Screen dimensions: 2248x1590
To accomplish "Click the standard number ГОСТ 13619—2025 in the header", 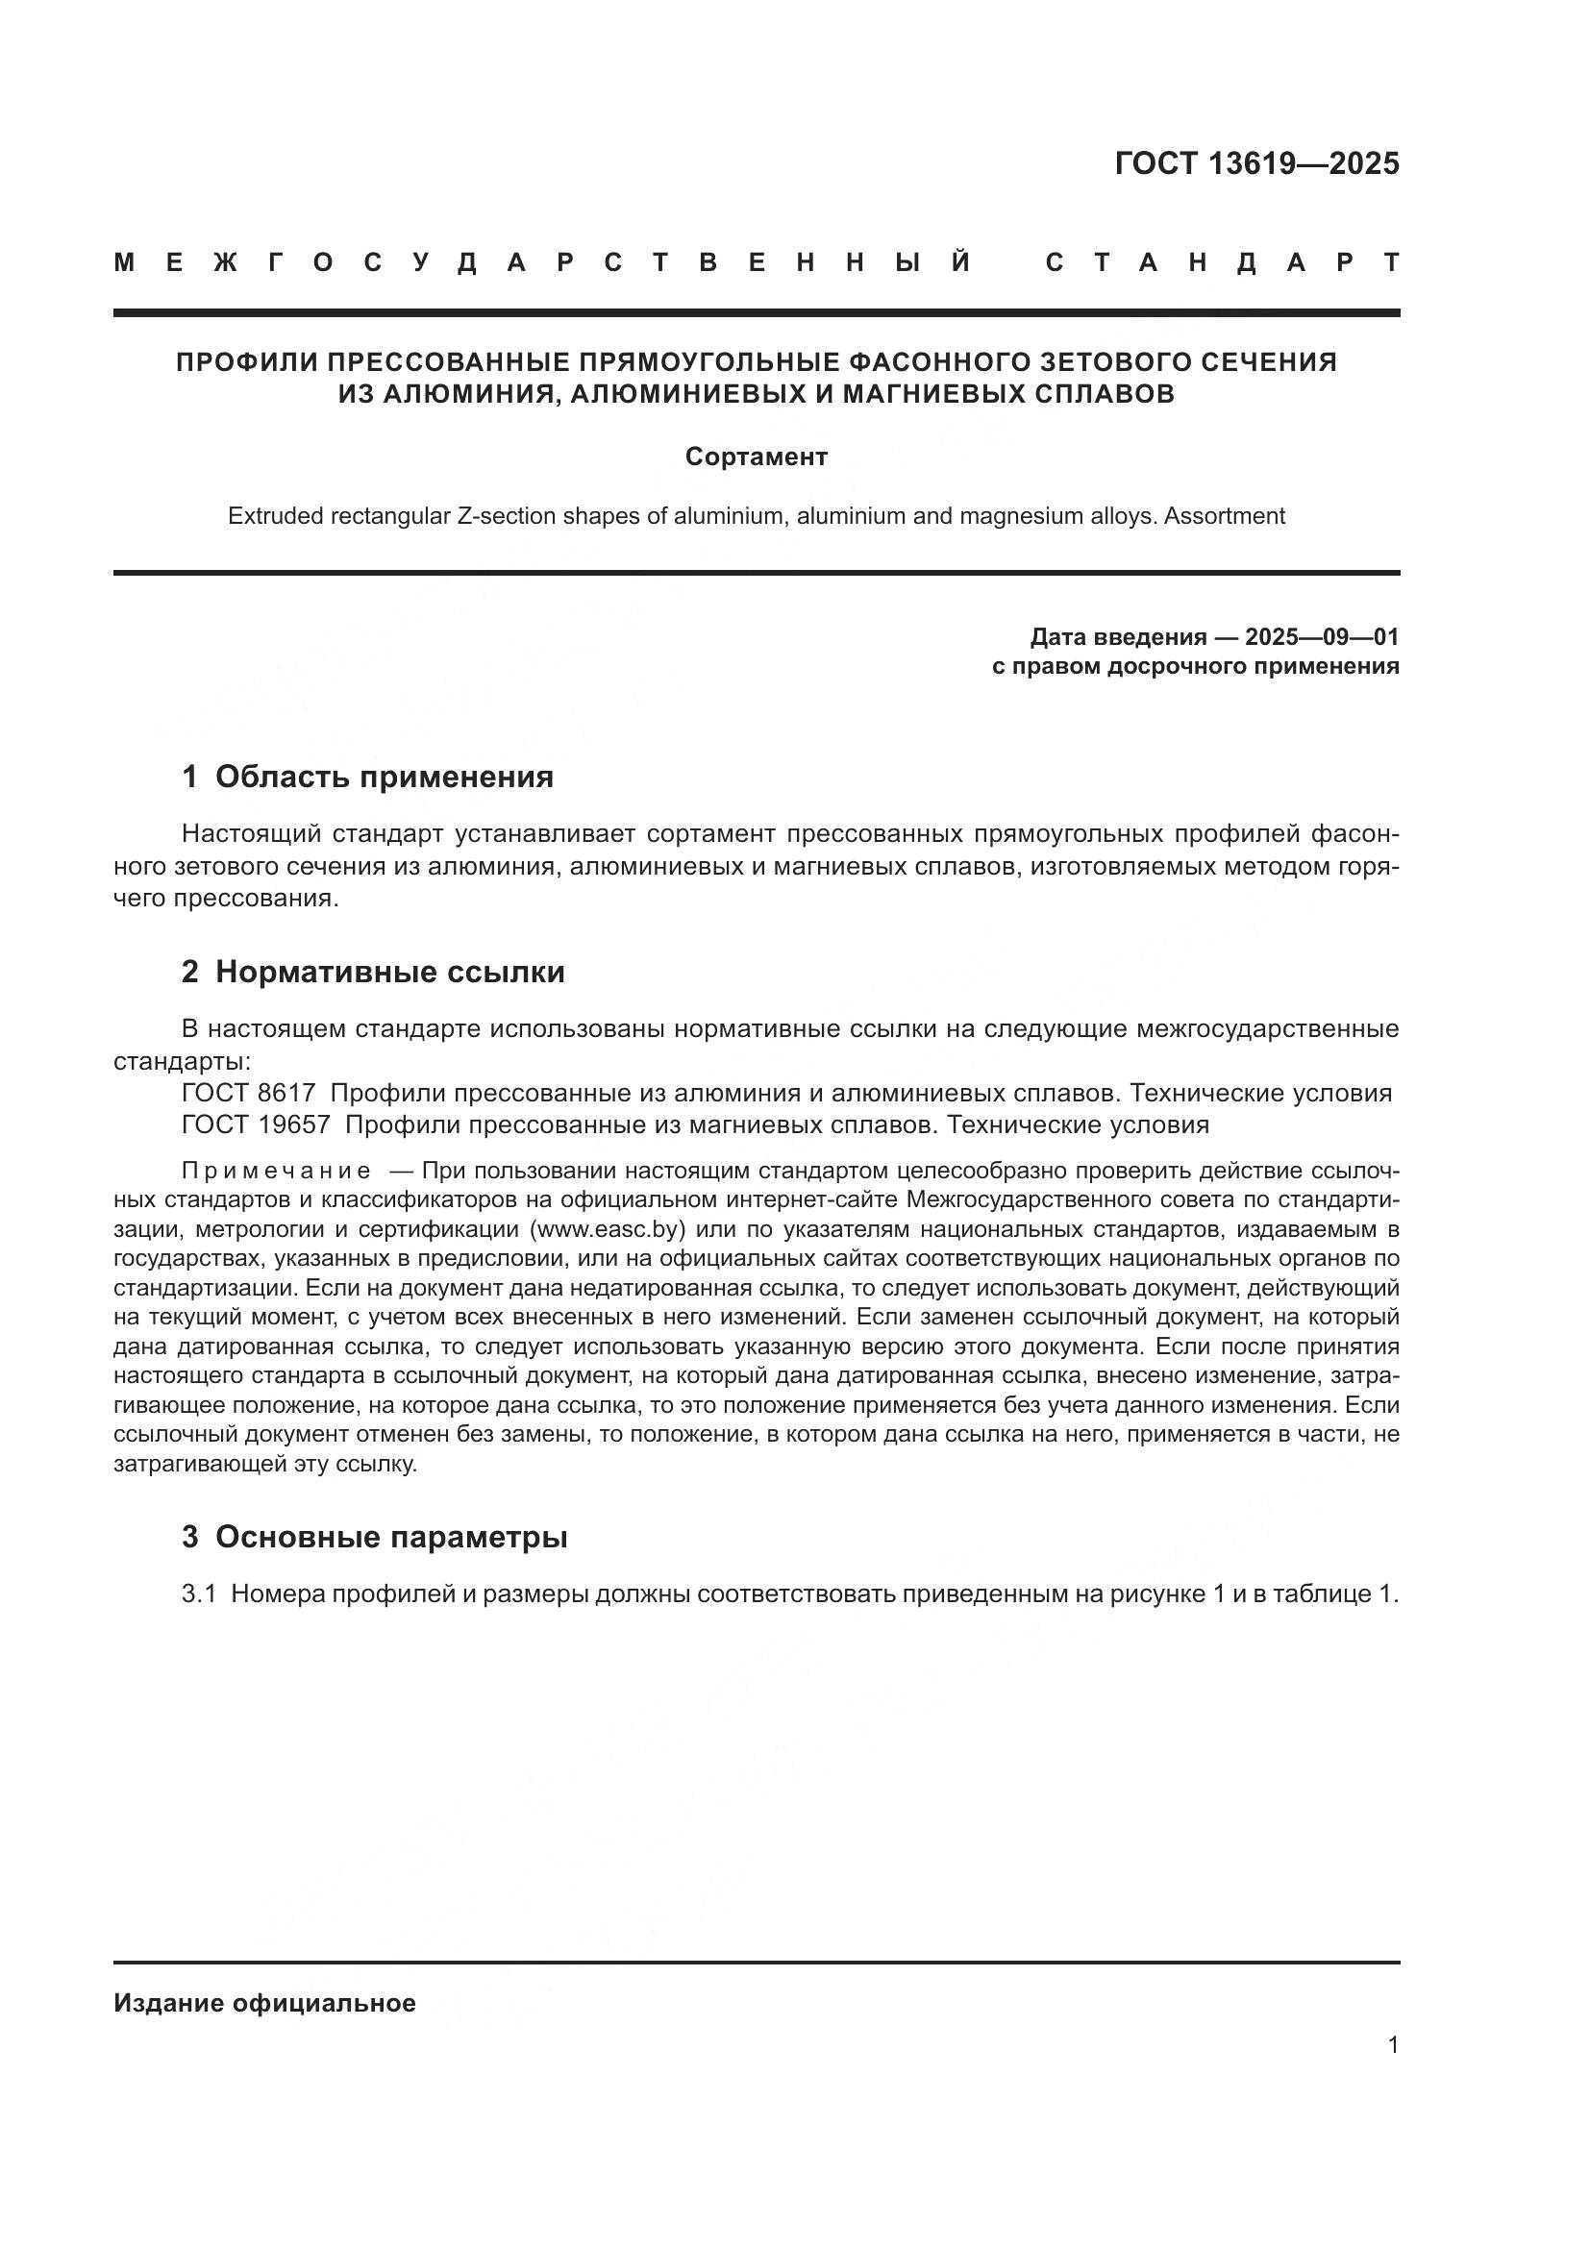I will pos(1257,163).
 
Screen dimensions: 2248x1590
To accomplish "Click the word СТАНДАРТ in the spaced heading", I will pos(1223,262).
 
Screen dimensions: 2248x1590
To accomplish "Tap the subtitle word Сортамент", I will pos(756,457).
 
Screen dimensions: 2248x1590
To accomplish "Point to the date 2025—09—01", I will pos(1322,637).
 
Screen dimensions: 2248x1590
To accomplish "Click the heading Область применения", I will pos(384,778).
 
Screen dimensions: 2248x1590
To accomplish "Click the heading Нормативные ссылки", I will pos(389,973).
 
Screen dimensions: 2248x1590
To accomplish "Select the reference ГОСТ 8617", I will pos(248,1093).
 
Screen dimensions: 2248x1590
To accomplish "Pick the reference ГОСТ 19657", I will pos(256,1124).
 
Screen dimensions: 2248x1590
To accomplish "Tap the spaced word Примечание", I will pos(277,1171).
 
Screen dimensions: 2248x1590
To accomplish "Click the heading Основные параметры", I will pos(390,1537).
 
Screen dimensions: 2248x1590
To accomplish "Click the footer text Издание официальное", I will pos(264,2003).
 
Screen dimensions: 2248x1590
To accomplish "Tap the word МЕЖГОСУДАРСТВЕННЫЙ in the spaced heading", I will pos(543,262).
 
